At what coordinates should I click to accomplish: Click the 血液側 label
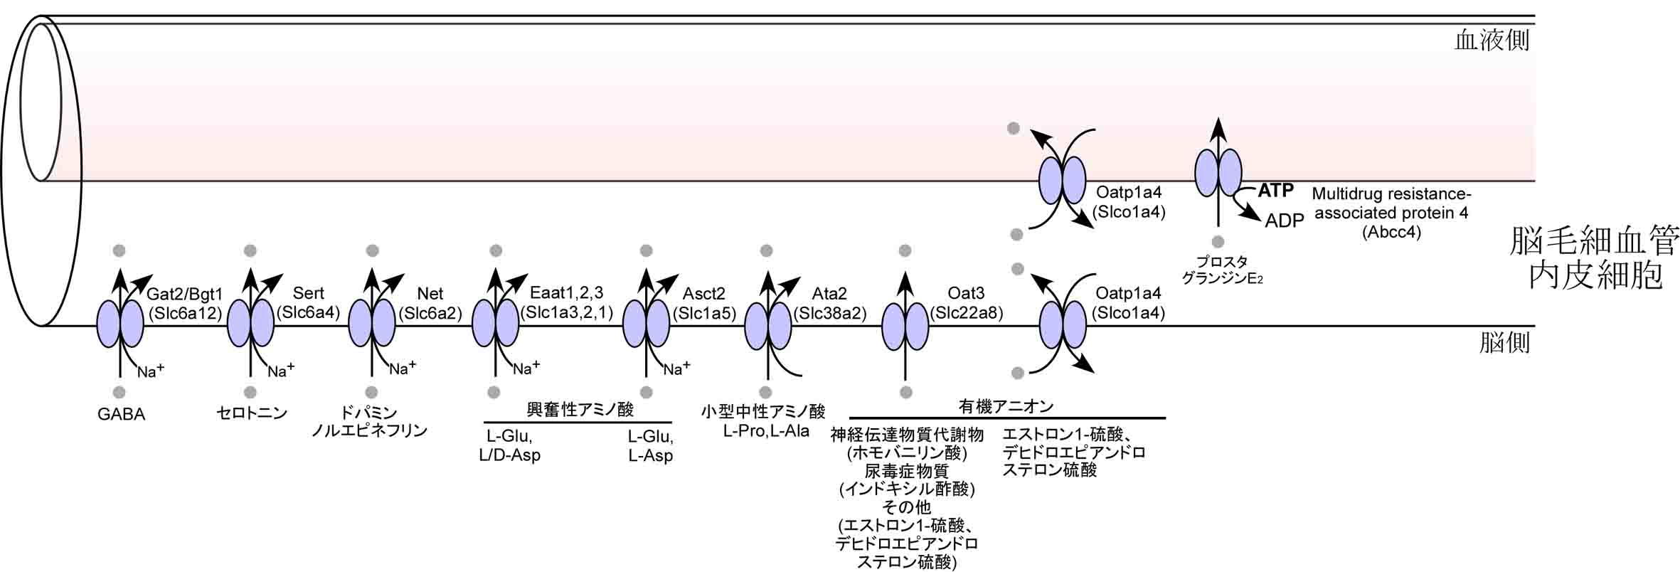coord(1492,41)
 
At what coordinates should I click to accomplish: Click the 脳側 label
coord(1504,344)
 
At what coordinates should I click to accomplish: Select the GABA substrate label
coord(121,414)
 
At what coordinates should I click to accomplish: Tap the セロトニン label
coord(251,413)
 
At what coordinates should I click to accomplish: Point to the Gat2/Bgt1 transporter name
coord(185,294)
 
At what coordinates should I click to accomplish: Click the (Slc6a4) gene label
coord(309,312)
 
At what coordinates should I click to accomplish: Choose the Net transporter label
coord(430,293)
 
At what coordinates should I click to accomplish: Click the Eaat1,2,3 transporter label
coord(566,292)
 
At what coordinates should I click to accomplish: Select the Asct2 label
coord(704,293)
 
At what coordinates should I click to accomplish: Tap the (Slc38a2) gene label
coord(830,312)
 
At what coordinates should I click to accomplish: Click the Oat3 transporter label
coord(966,293)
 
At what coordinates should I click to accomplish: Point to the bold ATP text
coord(1275,190)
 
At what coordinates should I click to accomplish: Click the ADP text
coord(1284,221)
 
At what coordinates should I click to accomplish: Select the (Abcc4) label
coord(1391,232)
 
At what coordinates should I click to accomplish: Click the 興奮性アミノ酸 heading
coord(580,409)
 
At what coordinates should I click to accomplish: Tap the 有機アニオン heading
coord(1006,406)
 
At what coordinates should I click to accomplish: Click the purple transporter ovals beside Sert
coord(250,323)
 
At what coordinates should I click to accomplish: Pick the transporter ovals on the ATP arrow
coord(1218,173)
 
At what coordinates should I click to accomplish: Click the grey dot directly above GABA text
coord(119,392)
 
